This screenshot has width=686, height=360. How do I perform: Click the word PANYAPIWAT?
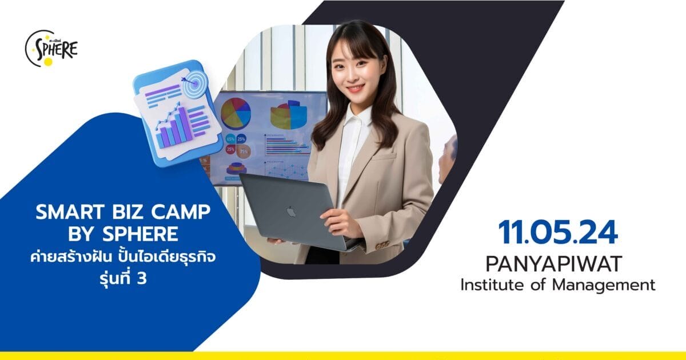(557, 263)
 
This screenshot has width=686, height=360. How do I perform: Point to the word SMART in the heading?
(63, 214)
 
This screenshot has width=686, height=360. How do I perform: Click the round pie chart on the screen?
(236, 113)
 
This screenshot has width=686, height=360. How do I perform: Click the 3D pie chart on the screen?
(289, 115)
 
